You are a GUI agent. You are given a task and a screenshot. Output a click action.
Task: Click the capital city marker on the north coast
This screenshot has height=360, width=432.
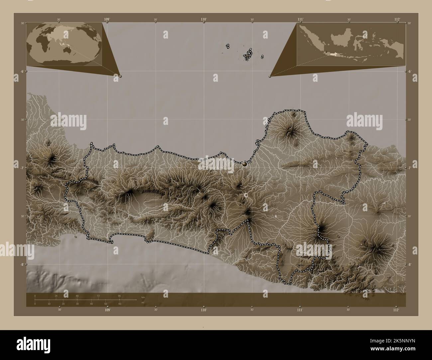pos(245,163)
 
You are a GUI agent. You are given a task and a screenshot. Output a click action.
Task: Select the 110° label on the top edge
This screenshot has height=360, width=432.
pos(204,20)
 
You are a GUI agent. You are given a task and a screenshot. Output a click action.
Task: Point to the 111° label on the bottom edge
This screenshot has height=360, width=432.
pos(300,310)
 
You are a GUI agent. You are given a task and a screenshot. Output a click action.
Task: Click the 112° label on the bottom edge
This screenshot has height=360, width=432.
pos(396,310)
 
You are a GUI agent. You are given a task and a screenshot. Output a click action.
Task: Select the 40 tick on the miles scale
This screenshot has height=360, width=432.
pos(91,304)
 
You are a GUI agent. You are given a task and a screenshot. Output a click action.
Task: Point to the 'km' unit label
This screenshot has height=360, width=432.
pos(143,297)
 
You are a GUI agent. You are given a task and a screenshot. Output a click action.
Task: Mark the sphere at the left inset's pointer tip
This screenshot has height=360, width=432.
pos(120,76)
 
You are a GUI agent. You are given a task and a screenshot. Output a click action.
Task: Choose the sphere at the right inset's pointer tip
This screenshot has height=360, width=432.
pos(270,76)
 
